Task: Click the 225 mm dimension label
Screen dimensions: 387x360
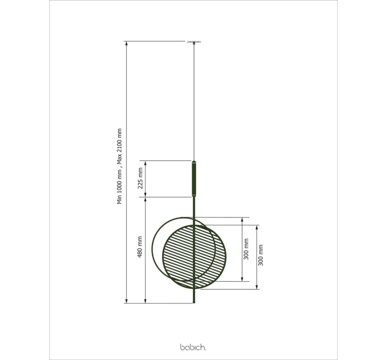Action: (x=140, y=178)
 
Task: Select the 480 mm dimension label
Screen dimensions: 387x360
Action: (x=139, y=247)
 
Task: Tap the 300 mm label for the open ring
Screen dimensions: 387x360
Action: (x=246, y=249)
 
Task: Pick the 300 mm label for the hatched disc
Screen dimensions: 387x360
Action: (x=260, y=255)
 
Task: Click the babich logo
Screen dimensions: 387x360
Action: (x=193, y=347)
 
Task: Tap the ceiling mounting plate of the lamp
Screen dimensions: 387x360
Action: (x=194, y=42)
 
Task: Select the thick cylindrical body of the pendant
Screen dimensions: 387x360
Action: (x=194, y=179)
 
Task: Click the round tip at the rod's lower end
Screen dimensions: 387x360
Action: (x=194, y=302)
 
